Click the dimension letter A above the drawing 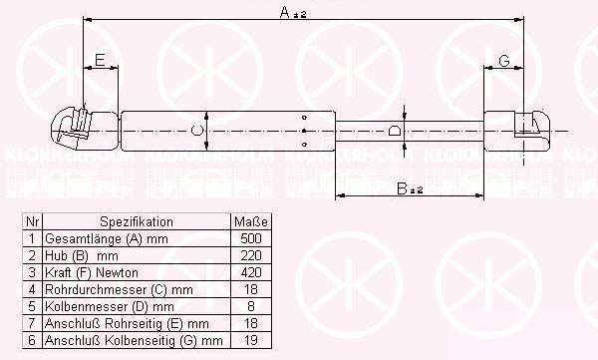tap(285, 12)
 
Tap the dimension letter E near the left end tap(100, 60)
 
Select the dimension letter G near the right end tap(504, 60)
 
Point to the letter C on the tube tap(196, 131)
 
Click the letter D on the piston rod tap(395, 131)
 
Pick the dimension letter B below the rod tap(402, 188)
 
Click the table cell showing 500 tap(251, 238)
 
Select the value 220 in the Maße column tap(251, 255)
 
